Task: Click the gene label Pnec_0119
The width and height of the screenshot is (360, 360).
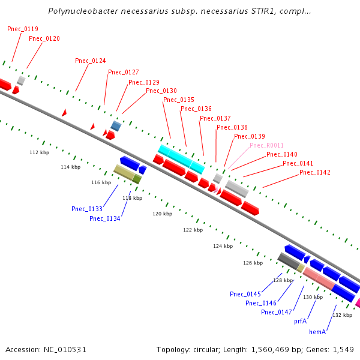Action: click(23, 29)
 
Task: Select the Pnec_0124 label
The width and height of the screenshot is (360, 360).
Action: click(91, 61)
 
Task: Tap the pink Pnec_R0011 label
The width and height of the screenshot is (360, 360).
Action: click(266, 145)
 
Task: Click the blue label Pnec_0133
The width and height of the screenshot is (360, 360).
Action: click(87, 209)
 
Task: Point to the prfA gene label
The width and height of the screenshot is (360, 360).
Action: click(301, 322)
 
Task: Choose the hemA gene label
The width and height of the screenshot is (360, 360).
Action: click(317, 331)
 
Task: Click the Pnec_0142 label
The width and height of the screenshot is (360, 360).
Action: click(315, 172)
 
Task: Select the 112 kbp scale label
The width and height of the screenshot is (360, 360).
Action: click(38, 152)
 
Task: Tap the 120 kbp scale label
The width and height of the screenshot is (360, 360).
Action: click(162, 214)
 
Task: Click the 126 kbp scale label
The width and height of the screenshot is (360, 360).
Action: click(253, 263)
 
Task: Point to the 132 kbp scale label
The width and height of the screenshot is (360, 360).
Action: click(342, 315)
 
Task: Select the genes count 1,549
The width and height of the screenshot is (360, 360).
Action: click(343, 349)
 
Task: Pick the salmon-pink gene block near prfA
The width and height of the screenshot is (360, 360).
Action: click(318, 278)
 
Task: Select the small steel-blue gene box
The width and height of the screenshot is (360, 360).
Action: click(116, 126)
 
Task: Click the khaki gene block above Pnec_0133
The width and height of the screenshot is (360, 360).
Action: click(124, 172)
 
